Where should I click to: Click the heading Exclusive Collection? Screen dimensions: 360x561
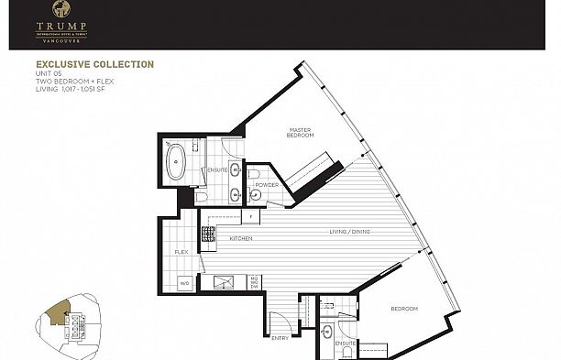[95, 64]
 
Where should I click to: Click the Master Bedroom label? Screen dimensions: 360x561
[301, 133]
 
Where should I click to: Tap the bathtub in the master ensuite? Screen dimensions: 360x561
[174, 161]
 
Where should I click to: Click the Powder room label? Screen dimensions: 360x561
[268, 184]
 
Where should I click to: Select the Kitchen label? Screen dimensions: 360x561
[241, 238]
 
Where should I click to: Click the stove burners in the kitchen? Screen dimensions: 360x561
[208, 236]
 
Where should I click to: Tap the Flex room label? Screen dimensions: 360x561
[181, 251]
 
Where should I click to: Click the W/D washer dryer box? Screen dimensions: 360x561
[183, 282]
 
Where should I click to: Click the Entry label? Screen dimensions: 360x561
[280, 338]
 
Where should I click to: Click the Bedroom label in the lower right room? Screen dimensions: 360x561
[404, 309]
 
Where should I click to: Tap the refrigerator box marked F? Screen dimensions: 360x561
[250, 216]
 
